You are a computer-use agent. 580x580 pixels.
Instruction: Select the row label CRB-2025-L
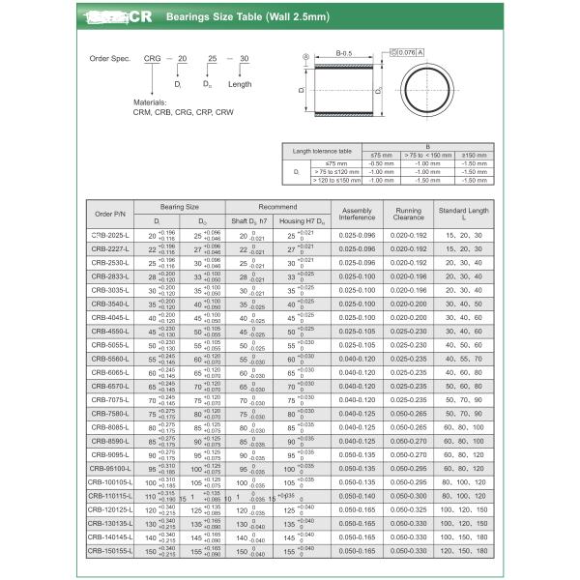(109, 235)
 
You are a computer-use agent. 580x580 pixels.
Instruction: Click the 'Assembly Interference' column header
(358, 213)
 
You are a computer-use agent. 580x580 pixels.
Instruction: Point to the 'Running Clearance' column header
(408, 213)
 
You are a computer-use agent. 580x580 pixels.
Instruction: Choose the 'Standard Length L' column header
(463, 213)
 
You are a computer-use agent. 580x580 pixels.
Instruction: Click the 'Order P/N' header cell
(109, 213)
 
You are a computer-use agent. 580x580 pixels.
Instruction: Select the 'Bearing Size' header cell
(179, 206)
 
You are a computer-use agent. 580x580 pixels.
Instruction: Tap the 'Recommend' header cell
(278, 206)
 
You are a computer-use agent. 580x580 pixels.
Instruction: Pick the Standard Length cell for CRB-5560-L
(463, 359)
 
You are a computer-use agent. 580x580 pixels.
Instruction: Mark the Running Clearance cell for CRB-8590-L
(408, 440)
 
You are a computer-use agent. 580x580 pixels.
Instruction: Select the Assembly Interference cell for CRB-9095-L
(358, 453)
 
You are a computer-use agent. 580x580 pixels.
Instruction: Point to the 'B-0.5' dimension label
(342, 53)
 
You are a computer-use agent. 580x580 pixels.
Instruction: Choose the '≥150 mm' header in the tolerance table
(475, 155)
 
